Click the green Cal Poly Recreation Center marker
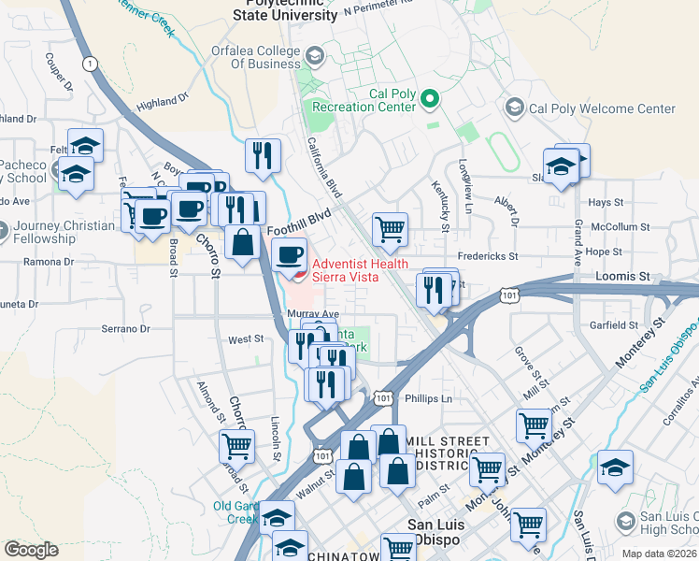click(x=431, y=98)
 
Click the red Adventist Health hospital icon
click(x=299, y=275)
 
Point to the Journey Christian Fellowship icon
click(x=3, y=228)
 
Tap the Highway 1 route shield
click(x=90, y=64)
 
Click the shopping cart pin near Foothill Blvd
click(x=390, y=227)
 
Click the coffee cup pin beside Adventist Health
click(x=290, y=253)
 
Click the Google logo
click(x=31, y=550)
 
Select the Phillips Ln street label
click(x=428, y=398)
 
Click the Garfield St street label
click(x=614, y=324)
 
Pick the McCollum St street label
click(x=628, y=226)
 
